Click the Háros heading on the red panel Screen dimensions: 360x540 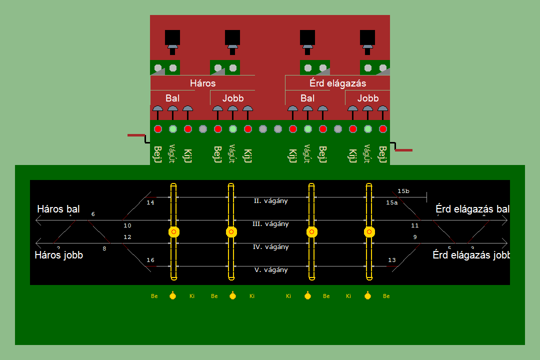click(202, 83)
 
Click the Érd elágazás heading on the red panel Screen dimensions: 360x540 click(337, 83)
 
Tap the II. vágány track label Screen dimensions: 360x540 click(270, 201)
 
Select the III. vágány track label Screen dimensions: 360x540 click(270, 224)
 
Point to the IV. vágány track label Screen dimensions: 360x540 click(270, 247)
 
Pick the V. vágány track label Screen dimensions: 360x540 click(270, 270)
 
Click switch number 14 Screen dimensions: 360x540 click(150, 203)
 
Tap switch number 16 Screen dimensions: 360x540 click(150, 260)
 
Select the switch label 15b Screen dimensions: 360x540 click(403, 191)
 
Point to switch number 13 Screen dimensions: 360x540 click(392, 260)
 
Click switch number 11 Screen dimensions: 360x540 click(414, 226)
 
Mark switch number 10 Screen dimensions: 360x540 click(127, 226)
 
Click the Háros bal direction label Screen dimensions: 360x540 click(58, 209)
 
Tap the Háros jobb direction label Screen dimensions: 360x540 click(59, 255)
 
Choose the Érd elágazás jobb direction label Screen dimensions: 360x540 click(471, 255)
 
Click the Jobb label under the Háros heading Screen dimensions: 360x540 click(232, 98)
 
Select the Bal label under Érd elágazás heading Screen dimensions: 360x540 click(307, 98)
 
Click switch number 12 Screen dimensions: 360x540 click(127, 237)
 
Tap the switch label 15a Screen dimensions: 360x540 click(392, 203)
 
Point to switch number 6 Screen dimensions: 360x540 click(93, 214)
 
